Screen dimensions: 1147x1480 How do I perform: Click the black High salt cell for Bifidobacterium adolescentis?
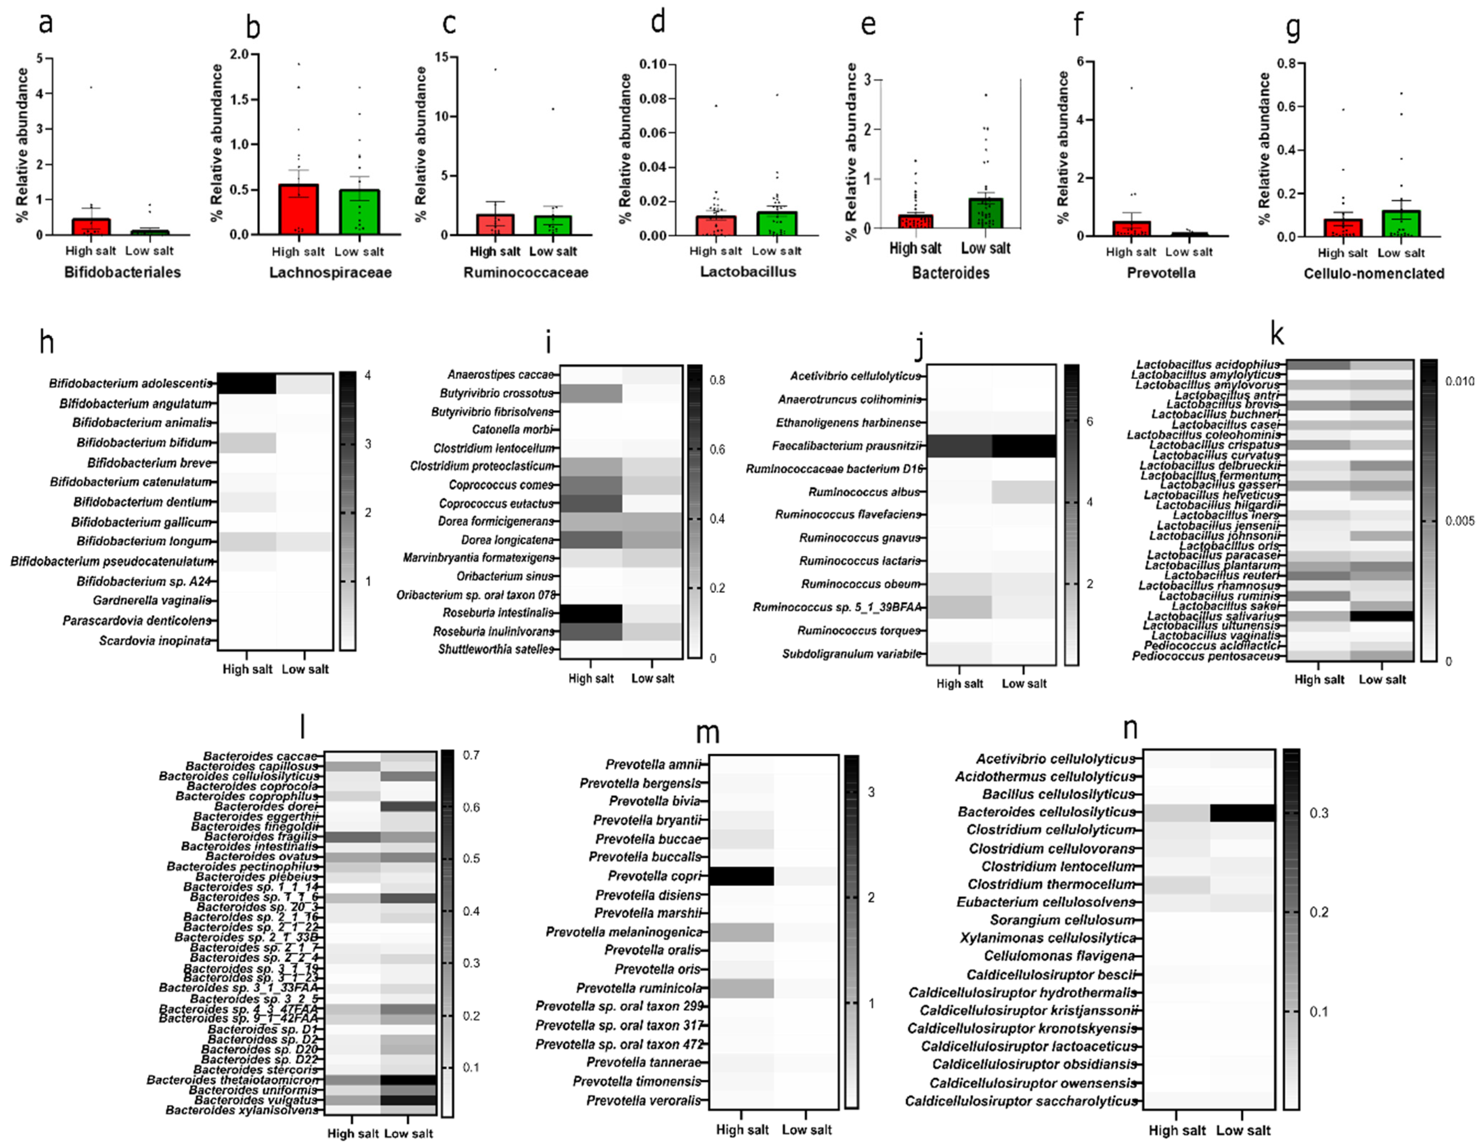[247, 383]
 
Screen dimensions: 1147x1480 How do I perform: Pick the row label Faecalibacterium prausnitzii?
[847, 446]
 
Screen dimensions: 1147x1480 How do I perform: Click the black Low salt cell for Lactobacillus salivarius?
[1381, 616]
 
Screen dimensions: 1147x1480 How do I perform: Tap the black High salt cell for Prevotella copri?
[741, 876]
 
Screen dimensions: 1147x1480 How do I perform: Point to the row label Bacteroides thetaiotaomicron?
[233, 1080]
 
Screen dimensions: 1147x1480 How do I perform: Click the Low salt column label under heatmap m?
[807, 1129]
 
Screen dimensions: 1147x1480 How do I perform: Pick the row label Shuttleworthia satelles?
[495, 649]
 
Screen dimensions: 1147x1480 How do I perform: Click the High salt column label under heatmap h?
[247, 670]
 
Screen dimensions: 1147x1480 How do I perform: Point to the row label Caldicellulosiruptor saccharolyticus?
[1021, 1102]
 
